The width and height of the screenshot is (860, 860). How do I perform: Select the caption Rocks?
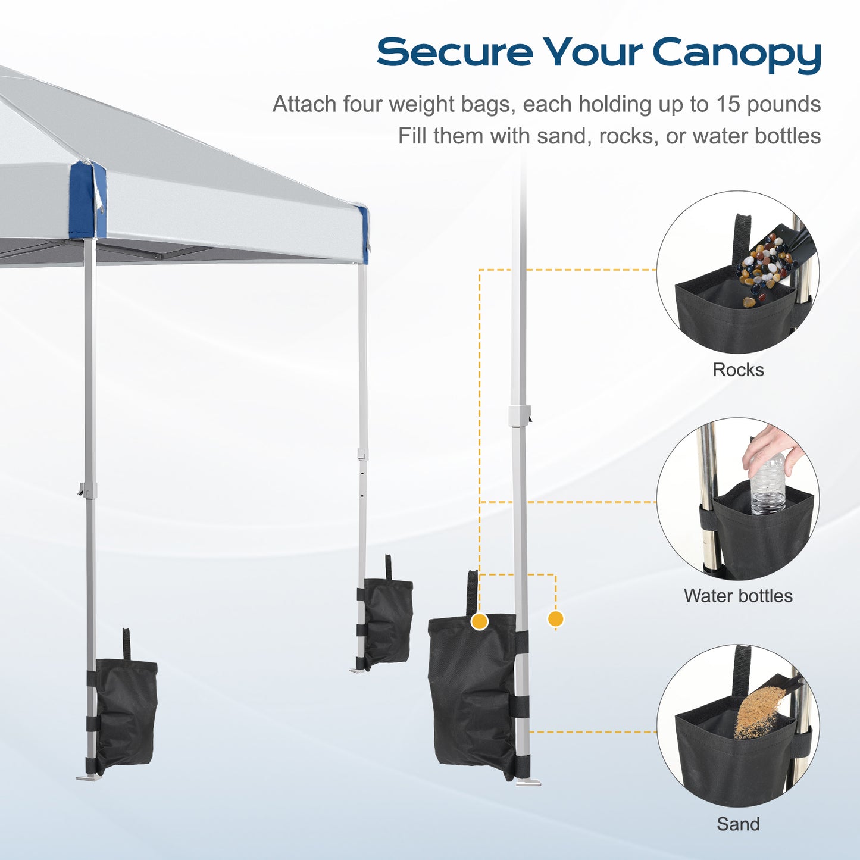[738, 370]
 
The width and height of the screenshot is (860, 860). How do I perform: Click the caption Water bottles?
[738, 596]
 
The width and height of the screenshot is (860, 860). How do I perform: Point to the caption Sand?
[738, 824]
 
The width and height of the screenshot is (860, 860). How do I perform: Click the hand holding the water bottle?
[771, 449]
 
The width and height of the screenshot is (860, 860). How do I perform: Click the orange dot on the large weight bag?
[479, 622]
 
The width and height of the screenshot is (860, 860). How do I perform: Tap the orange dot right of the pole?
[555, 619]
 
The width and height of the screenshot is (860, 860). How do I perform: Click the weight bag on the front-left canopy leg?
[126, 712]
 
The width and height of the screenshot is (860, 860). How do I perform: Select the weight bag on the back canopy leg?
[387, 623]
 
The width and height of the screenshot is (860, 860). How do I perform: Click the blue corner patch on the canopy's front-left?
[87, 201]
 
